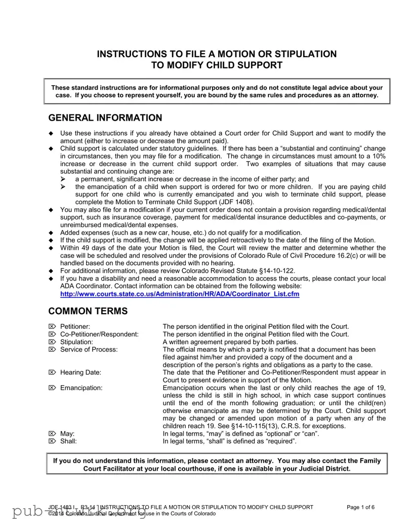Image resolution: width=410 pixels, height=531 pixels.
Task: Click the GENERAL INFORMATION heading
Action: pos(105,118)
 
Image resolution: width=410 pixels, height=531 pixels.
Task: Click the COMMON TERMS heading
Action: pos(88,311)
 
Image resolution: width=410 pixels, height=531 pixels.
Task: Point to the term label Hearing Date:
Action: pos(80,372)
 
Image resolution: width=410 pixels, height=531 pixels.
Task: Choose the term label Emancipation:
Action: pos(81,388)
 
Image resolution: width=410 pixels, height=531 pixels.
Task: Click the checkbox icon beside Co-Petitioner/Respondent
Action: pos(52,334)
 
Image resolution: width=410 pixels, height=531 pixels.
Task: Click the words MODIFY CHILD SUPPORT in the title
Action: pos(223,65)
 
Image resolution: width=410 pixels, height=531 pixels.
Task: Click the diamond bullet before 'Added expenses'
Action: pos(51,233)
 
